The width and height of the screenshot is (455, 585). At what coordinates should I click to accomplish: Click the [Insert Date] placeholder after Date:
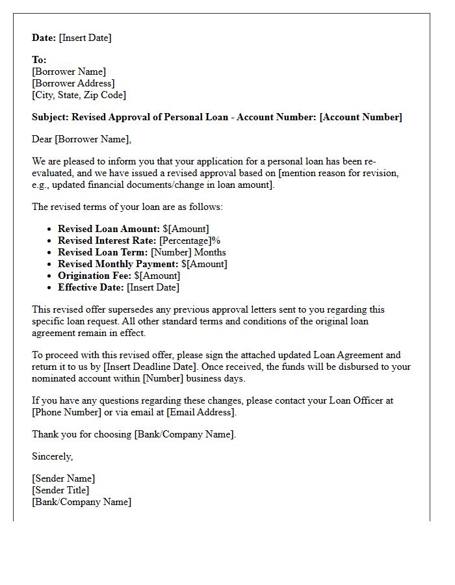coord(85,38)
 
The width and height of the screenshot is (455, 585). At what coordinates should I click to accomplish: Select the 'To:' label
coord(39,60)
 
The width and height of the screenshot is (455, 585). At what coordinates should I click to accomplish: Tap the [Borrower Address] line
coord(73,83)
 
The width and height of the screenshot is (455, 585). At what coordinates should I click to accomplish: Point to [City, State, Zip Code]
coord(79,95)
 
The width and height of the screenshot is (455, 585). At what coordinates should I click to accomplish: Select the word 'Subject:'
coord(51,117)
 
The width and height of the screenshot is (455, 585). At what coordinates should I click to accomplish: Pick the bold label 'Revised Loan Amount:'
coord(109,229)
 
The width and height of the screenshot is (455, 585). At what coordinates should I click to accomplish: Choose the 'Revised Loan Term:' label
coord(103,252)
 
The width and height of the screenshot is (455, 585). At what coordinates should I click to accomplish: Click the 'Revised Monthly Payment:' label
coord(118,264)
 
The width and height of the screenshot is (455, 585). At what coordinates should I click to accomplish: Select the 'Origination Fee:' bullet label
coord(95,276)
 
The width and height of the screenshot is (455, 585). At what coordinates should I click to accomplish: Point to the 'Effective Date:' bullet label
coord(91,287)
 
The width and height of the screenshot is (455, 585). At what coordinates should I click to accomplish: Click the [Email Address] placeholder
coord(201,412)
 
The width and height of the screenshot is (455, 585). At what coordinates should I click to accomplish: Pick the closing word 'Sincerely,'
coord(53,456)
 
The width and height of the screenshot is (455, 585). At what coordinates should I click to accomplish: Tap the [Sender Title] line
coord(60,490)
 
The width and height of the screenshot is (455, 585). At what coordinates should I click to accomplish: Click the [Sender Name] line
coord(63,478)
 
